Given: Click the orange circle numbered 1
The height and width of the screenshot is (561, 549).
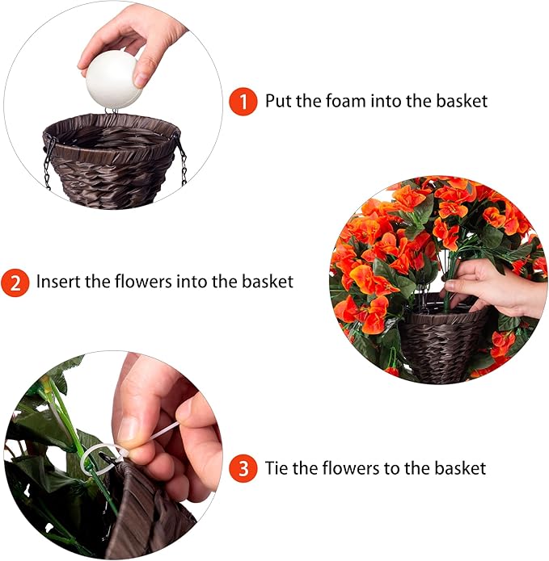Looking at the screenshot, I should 242,102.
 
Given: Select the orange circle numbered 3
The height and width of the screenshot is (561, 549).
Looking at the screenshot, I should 242,468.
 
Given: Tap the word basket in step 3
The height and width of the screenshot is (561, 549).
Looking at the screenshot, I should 458,468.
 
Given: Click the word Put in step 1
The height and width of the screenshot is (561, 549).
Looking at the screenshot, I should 279,102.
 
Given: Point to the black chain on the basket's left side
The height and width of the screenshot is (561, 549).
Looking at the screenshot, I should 49,161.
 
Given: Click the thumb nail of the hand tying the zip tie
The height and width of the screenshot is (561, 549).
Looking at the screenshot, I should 128,428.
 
